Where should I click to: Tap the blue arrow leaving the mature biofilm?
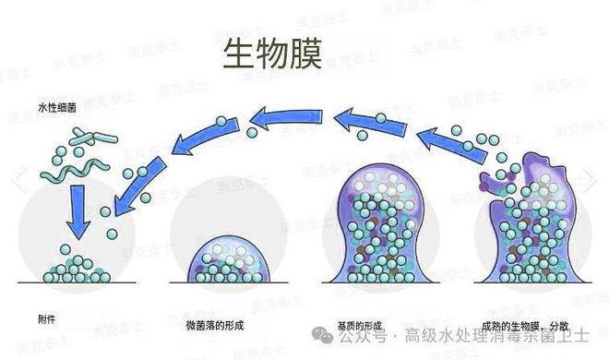tap(441, 146)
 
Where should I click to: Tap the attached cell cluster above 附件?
tap(78, 270)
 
